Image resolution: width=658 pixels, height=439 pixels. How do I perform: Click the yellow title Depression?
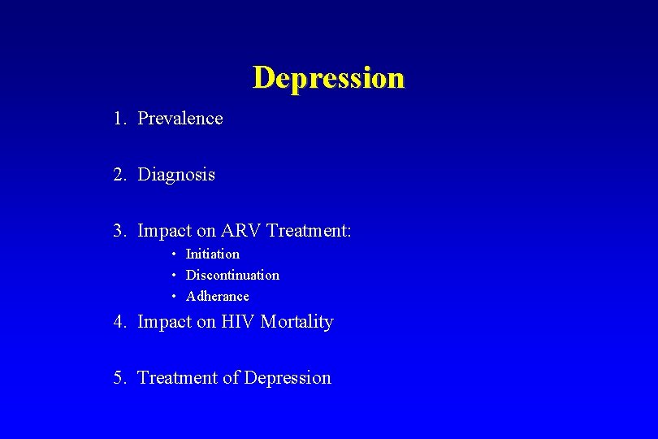click(x=328, y=78)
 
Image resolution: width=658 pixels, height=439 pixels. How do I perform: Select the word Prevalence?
click(x=180, y=119)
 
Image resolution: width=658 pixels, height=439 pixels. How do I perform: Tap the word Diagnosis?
click(x=176, y=175)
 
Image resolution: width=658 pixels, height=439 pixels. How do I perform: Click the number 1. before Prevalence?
click(x=120, y=119)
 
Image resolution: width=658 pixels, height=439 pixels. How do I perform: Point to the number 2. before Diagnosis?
click(x=120, y=175)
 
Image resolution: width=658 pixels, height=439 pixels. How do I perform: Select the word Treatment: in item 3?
click(x=309, y=231)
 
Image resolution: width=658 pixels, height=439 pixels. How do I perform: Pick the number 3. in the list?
click(x=120, y=231)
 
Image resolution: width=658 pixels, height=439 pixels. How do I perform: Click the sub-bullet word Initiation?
click(x=213, y=254)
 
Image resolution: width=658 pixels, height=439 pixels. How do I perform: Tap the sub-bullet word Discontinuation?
click(x=232, y=276)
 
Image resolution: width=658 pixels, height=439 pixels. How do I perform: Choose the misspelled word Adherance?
click(x=218, y=297)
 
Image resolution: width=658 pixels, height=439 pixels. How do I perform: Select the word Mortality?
click(x=297, y=323)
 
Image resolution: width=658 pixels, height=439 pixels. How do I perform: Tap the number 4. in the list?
click(x=120, y=322)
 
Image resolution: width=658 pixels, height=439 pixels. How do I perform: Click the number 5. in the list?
click(x=120, y=378)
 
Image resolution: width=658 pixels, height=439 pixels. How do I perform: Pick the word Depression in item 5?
click(x=288, y=378)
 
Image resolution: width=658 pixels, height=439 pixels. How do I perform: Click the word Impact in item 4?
click(x=163, y=323)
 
